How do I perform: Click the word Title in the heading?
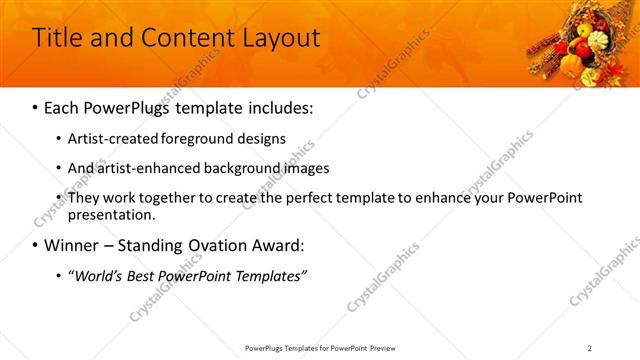[58, 39]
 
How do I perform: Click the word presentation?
[111, 214]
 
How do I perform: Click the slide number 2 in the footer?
[590, 348]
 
